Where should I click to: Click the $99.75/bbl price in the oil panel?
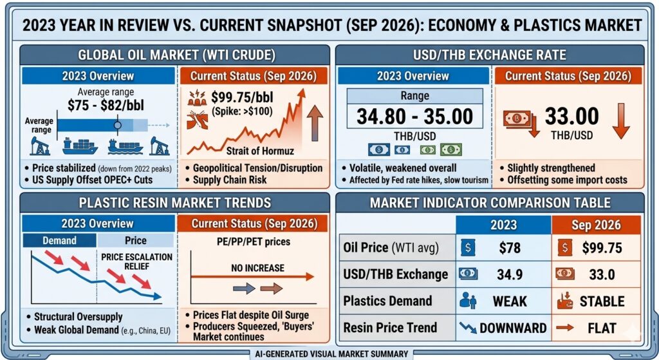coord(242,98)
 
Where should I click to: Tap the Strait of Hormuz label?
coord(260,151)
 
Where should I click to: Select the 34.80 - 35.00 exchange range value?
coord(415,117)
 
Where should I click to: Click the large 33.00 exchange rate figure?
coord(571,116)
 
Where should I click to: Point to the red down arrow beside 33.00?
coord(621,121)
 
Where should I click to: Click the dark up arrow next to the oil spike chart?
coord(315,123)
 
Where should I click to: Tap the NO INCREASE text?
coord(257,268)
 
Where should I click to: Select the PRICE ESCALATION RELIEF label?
coord(136,261)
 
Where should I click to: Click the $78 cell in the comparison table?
coord(510,248)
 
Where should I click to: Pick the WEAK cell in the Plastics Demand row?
coord(510,301)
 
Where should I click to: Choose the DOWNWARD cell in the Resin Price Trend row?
coord(513,328)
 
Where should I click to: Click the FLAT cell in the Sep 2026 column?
coord(602,328)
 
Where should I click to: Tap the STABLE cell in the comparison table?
coord(602,301)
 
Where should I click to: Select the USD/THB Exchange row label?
coord(396,274)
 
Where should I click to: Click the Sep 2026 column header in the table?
coord(596,225)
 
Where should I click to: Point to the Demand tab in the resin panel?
coord(59,241)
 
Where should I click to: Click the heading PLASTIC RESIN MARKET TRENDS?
coord(175,203)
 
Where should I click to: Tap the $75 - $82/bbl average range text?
coord(106,105)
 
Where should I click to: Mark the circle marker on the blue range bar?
coord(118,126)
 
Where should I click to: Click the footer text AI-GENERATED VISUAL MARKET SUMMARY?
coord(331,354)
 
